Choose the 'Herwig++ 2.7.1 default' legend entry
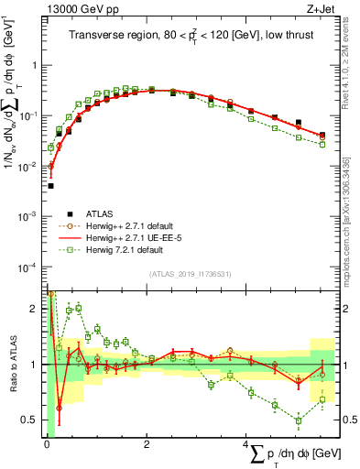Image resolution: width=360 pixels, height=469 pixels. point(124,224)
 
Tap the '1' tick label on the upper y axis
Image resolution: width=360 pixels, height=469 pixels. point(33,66)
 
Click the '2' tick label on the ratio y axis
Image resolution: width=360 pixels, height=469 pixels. point(33,309)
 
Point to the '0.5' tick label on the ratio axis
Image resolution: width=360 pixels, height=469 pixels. point(28,420)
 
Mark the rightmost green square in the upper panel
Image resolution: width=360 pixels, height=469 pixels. point(322,144)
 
